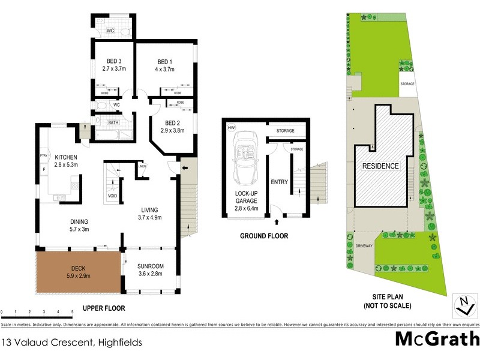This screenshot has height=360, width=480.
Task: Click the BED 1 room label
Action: tap(165, 62)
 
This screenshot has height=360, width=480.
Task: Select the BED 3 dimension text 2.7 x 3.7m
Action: tap(114, 70)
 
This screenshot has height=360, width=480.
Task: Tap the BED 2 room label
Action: tap(171, 122)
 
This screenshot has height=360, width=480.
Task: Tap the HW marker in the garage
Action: tap(231, 127)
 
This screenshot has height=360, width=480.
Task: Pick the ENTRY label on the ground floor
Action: tap(280, 182)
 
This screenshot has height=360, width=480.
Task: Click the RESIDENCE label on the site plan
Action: tap(380, 165)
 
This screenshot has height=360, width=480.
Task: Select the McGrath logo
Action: tap(437, 339)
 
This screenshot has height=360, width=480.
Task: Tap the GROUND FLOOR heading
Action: tap(264, 236)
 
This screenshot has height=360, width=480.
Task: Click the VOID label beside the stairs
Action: tap(112, 196)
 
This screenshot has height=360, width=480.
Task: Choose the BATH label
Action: tap(113, 123)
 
